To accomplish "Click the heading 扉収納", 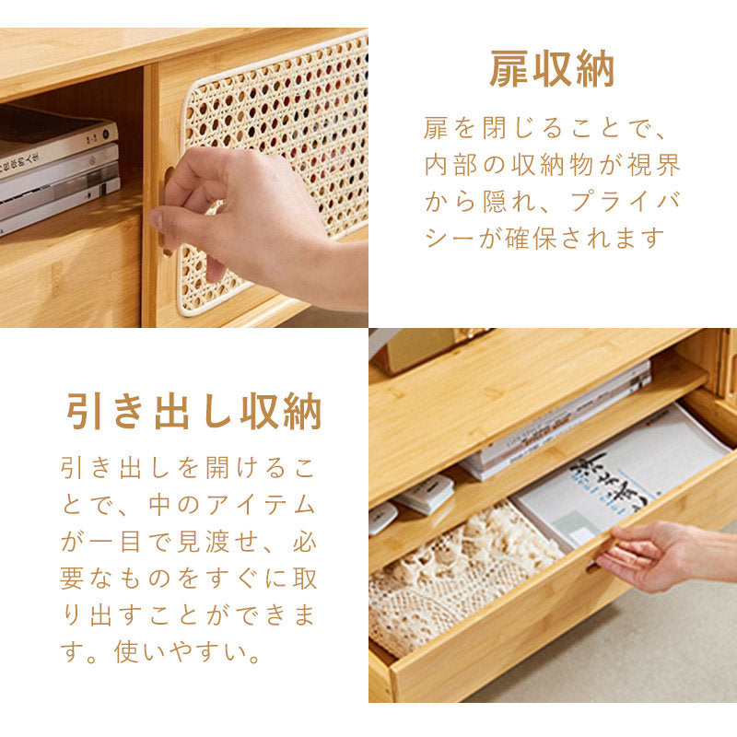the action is click(x=552, y=70).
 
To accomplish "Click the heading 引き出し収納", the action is click(x=193, y=412).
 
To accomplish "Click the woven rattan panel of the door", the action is click(x=277, y=155).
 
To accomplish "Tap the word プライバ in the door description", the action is click(x=626, y=202).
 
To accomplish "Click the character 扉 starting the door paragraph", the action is click(x=436, y=128).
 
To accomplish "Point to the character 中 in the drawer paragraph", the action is click(x=159, y=505).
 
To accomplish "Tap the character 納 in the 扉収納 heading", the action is click(x=595, y=70).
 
